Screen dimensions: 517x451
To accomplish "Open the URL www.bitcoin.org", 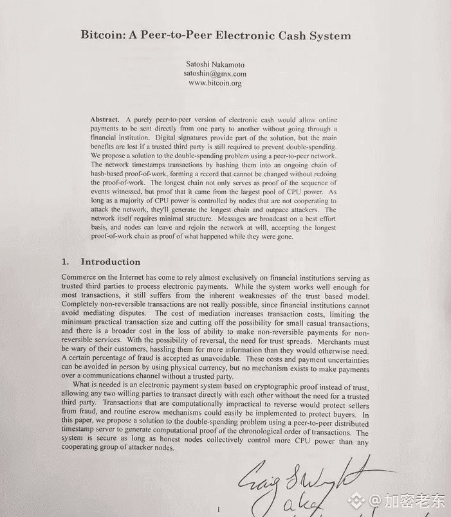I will point(215,84).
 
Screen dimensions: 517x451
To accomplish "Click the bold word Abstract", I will point(105,120).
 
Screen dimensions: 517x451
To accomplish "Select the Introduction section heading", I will point(110,262).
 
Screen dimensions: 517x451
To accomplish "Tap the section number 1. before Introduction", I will point(65,262).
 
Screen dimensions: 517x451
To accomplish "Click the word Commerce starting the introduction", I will point(80,277).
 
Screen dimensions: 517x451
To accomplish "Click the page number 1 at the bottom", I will point(219,509).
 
